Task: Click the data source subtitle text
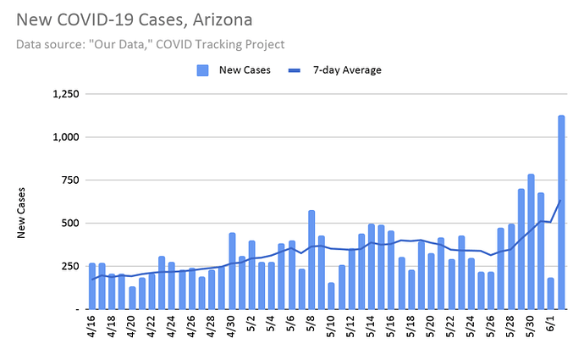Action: coord(149,43)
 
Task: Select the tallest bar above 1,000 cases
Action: coord(561,212)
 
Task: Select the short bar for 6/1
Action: coord(551,293)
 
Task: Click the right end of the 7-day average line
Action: coord(561,200)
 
